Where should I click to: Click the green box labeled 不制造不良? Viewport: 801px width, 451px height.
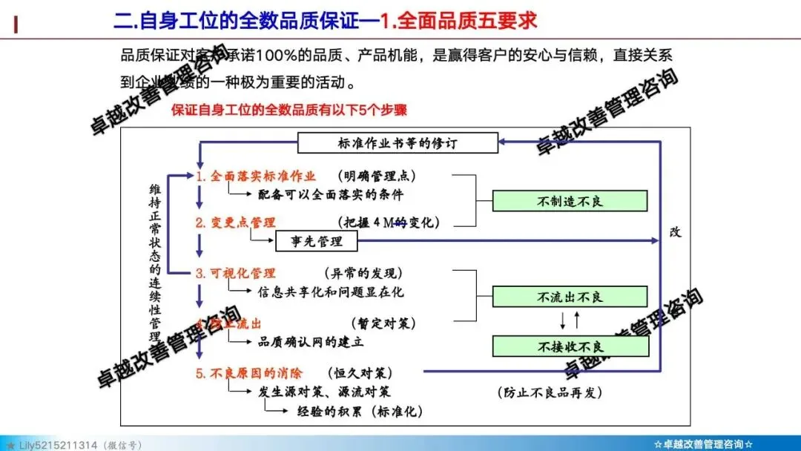570,201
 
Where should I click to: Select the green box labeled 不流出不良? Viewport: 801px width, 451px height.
570,296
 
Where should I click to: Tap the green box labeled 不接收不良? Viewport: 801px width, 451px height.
570,346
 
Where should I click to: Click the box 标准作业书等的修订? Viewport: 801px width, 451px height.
398,143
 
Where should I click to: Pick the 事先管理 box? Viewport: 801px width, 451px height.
316,240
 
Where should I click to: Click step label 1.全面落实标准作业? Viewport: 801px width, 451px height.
256,177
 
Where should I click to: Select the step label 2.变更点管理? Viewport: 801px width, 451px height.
235,223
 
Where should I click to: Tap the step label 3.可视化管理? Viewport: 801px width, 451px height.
235,273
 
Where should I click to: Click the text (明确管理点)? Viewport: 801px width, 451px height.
377,177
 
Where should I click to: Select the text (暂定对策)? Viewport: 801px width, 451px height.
383,323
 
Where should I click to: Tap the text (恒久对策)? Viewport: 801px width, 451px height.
359,373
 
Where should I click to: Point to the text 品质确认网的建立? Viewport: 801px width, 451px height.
311,342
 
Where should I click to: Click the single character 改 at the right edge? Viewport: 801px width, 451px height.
675,232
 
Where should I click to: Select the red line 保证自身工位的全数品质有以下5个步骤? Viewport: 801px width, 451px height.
289,110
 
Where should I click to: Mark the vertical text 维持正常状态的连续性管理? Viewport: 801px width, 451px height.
155,257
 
